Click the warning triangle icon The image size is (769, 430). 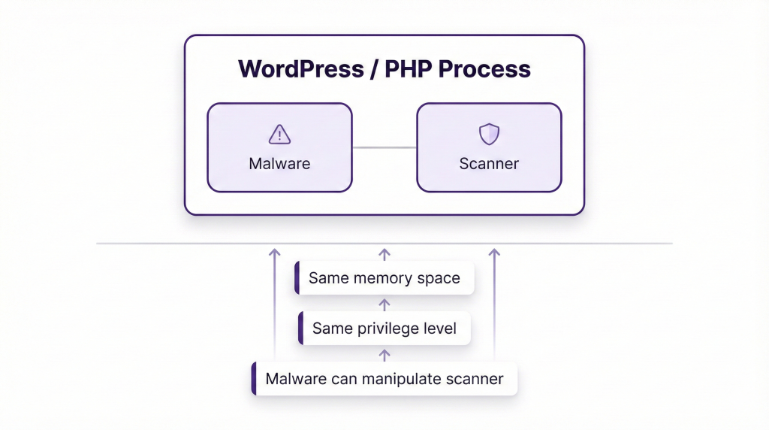[279, 135]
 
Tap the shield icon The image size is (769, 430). [489, 135]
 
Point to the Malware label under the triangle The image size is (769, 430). [279, 163]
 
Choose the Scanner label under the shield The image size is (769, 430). [489, 163]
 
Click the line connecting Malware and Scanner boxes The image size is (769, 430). [384, 147]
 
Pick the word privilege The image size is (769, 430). [388, 329]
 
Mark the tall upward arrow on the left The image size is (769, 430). [274, 301]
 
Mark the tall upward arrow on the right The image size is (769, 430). [494, 301]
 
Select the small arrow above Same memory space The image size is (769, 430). [384, 254]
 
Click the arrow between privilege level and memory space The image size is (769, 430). [384, 304]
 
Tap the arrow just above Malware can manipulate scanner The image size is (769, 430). [384, 354]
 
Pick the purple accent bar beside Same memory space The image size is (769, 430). [297, 278]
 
